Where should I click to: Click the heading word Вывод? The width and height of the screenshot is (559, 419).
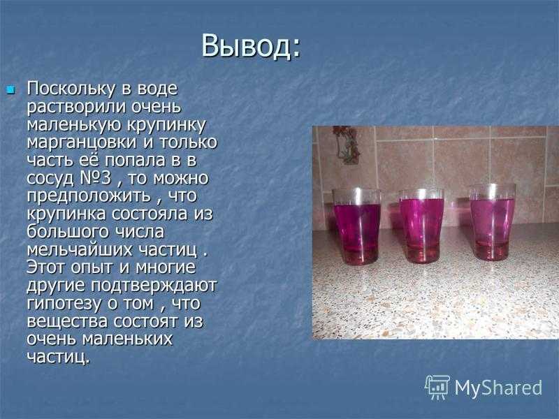251,46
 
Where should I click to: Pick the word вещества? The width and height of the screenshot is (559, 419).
66,321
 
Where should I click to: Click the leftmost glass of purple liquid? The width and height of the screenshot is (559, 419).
356,226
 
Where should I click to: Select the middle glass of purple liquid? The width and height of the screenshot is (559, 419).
421,227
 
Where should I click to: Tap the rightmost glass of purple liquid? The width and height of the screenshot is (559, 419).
492,223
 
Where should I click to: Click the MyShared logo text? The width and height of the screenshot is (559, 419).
498,387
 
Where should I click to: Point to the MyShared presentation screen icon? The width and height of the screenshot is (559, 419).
437,386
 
